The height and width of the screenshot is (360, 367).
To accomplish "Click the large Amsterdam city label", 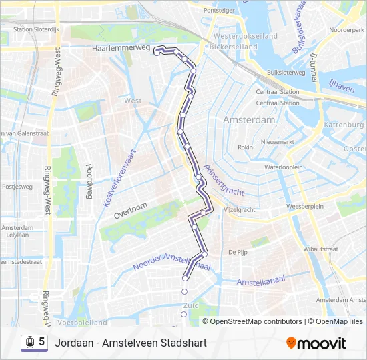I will (249, 120).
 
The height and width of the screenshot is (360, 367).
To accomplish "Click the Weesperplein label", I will (304, 207).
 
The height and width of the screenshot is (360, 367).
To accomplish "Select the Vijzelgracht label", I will (239, 209).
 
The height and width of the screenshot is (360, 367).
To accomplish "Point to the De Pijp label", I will (238, 253).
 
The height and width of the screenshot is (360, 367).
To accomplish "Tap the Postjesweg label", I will (18, 187).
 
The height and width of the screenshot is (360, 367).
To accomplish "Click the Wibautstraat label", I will (319, 249).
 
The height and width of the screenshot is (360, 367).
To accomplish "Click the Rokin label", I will (245, 147).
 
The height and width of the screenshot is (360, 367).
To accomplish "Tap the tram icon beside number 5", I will (29, 342).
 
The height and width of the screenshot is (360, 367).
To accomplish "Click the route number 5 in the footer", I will (42, 342).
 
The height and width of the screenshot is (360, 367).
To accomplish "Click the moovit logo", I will (316, 343).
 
